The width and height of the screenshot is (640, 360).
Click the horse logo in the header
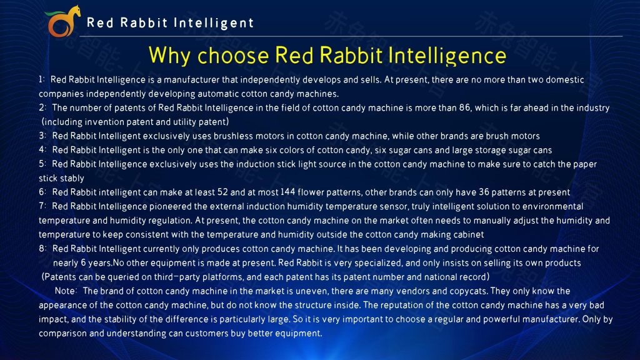tap(62, 21)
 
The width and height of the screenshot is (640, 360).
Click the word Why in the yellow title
tap(169, 56)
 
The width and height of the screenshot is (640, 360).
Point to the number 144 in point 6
tap(287, 192)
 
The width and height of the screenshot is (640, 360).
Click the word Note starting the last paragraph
tap(65, 291)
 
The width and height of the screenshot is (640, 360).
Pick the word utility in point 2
tap(184, 122)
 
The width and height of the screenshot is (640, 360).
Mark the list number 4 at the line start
tap(41, 150)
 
